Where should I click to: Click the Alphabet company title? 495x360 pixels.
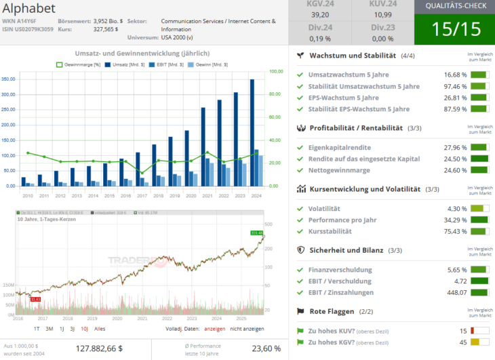29,8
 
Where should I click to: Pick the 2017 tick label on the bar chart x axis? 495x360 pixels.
142,196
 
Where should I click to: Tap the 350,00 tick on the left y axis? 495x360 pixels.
9,79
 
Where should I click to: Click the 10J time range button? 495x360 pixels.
85,329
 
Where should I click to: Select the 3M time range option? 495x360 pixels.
49,329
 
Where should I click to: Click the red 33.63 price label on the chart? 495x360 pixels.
35,299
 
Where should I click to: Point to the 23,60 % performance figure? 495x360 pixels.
266,348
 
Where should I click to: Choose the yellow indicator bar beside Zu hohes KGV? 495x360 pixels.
479,342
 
